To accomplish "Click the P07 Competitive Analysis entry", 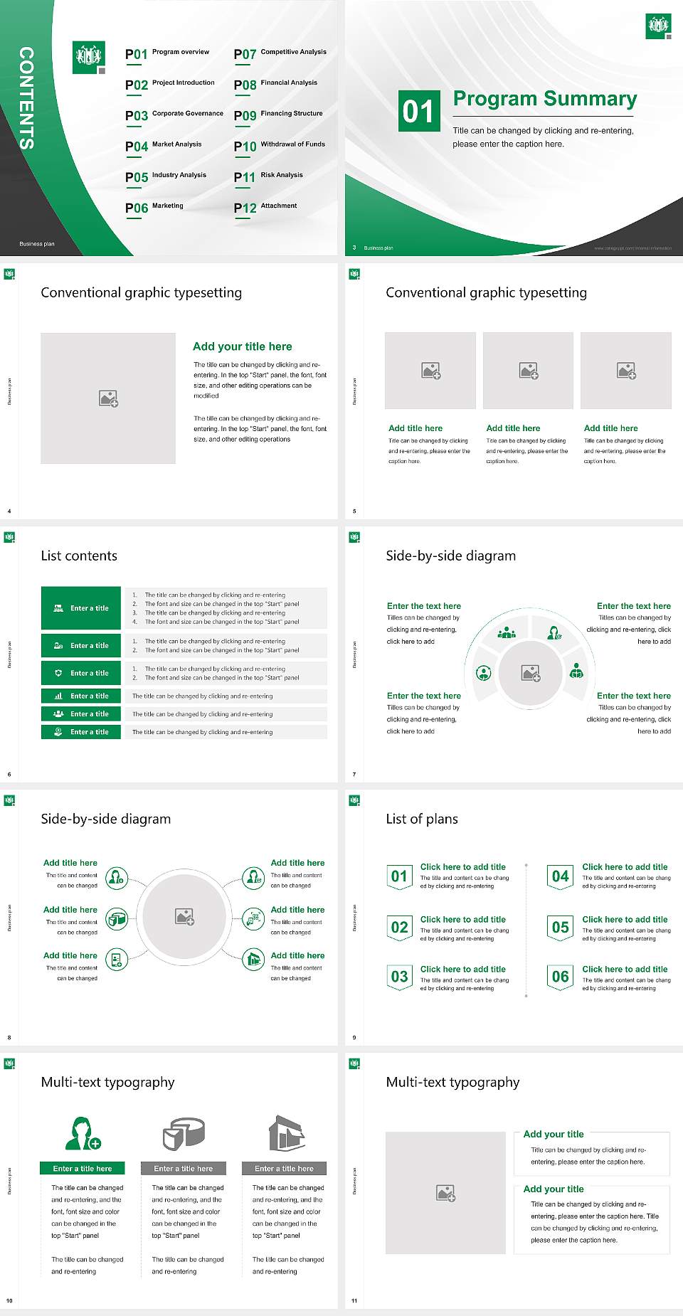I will point(280,53).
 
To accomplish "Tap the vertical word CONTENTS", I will point(26,98).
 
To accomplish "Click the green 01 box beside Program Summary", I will point(418,111).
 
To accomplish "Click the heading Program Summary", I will point(544,99).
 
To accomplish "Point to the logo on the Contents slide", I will point(89,57).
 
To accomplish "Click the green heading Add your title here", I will point(242,346).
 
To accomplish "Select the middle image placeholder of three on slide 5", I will point(528,371).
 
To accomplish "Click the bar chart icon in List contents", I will point(58,696).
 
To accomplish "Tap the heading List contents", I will point(79,556).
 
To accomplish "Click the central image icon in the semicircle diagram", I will point(531,673).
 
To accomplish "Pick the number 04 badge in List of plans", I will point(561,876).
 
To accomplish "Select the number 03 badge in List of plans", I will point(400,977).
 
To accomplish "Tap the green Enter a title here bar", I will point(83,1168).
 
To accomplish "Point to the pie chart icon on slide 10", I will point(184,1133).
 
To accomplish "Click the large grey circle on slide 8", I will point(185,916).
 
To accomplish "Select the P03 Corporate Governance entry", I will point(174,115).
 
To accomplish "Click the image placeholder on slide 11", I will point(445,1193).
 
